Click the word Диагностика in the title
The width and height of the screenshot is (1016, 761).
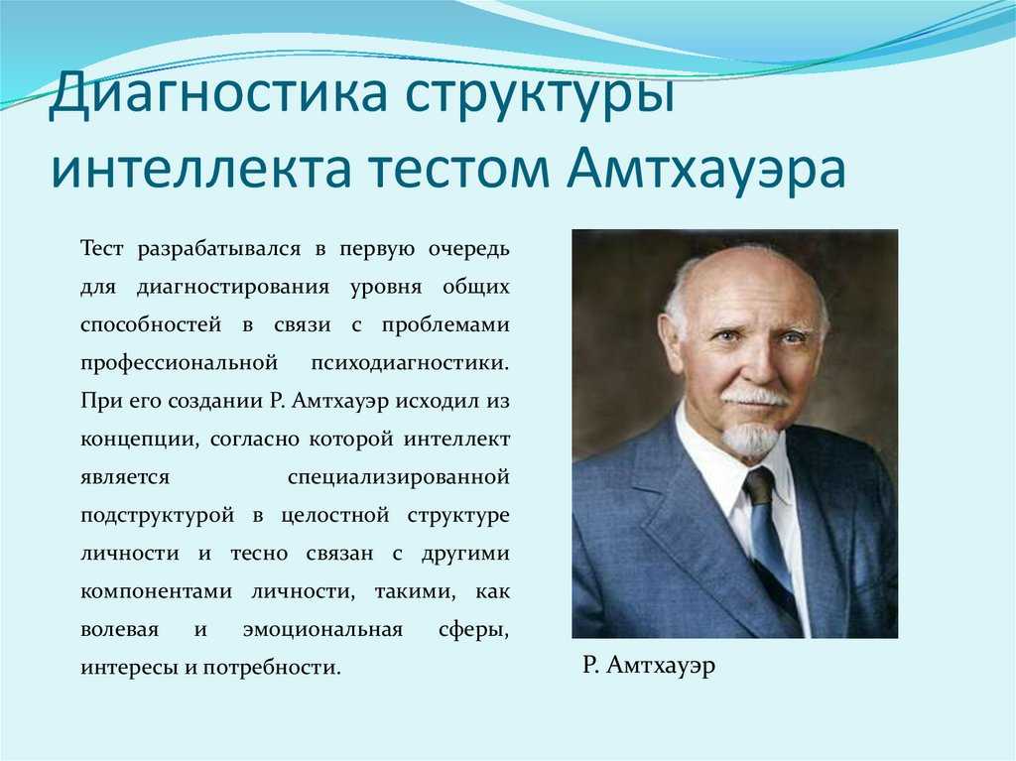pos(218,92)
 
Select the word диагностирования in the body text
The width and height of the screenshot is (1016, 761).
pos(233,288)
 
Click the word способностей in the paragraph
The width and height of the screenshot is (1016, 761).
pos(151,325)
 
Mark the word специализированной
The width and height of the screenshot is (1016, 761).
pos(399,478)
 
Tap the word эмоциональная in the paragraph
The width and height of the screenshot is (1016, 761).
pos(322,630)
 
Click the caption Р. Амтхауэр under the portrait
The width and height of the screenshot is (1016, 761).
pos(649,666)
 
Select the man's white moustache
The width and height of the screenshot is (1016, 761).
pos(755,397)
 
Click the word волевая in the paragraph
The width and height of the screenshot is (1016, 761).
pos(119,630)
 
